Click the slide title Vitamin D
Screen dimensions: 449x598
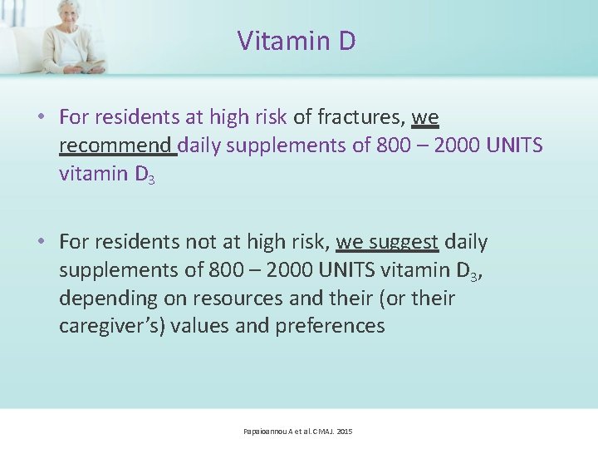coord(297,40)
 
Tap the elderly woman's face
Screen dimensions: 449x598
coord(70,15)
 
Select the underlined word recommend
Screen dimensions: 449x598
coord(115,146)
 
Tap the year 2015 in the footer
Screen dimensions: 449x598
coord(344,432)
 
